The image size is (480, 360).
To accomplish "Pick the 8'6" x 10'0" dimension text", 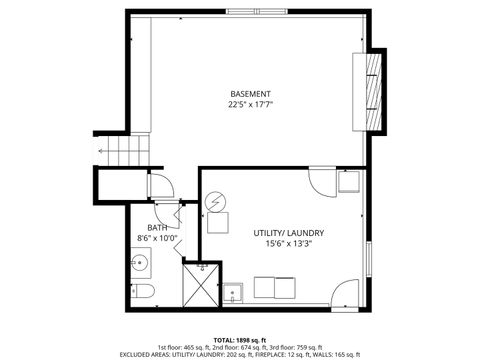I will (x=158, y=238).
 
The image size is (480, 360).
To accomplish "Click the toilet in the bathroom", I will (x=141, y=291).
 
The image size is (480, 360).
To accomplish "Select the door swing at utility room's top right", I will (x=324, y=179).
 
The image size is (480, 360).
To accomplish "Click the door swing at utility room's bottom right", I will (x=345, y=293).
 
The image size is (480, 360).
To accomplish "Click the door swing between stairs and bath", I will (x=159, y=184).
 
